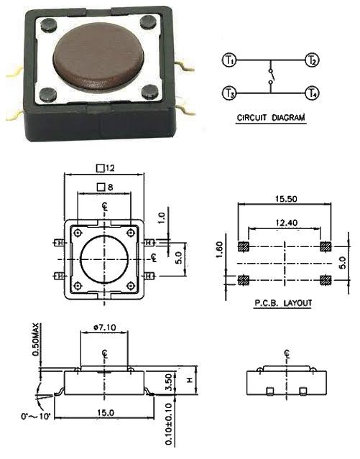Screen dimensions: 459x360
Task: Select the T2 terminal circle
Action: point(312,60)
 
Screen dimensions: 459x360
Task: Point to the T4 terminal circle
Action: point(312,93)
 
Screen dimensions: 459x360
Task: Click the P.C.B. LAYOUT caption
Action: point(283,303)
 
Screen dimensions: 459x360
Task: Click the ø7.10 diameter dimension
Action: point(106,328)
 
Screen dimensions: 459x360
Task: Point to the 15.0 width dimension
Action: point(105,411)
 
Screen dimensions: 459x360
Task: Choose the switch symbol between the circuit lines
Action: point(271,77)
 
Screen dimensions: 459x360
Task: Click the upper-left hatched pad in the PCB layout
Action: point(242,246)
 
